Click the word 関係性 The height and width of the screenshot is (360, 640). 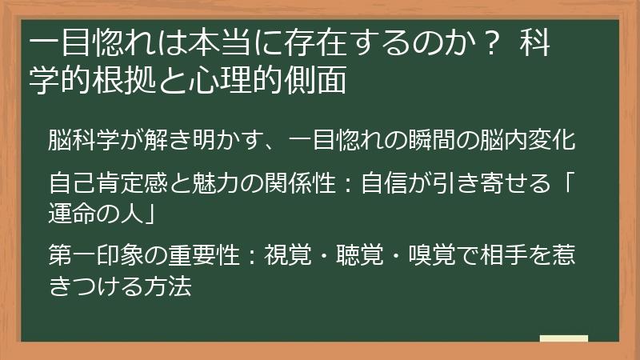pyautogui.click(x=300, y=184)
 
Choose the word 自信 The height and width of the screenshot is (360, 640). pyautogui.click(x=382, y=184)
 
